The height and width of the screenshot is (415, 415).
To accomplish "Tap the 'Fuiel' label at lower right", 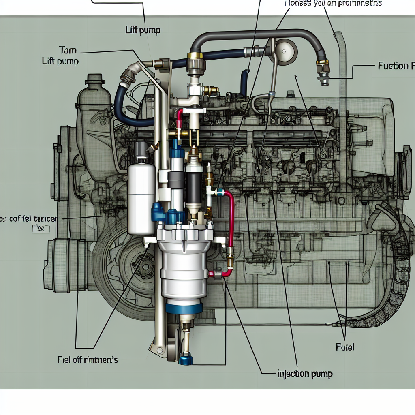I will pos(344,347).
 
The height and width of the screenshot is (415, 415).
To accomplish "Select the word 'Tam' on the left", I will pos(68,51).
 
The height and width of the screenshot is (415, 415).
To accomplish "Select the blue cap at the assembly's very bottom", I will pos(186,359).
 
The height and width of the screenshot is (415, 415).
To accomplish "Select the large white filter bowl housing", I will pos(182,272).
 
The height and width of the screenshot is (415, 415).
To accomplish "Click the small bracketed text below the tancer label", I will pos(41,229).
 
